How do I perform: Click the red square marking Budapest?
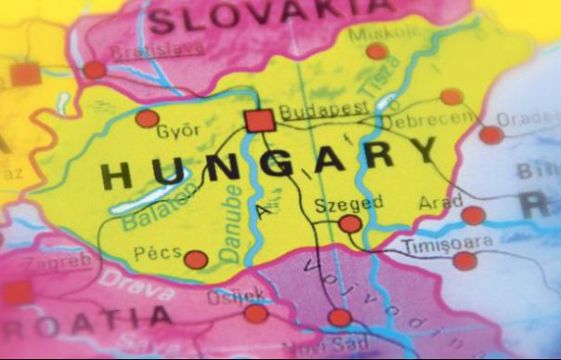260,121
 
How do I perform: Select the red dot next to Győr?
147,119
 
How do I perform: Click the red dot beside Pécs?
196,260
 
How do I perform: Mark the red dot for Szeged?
350,224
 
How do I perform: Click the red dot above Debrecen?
452,96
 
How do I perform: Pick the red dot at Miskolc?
376,52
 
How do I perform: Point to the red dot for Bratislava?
95,70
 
